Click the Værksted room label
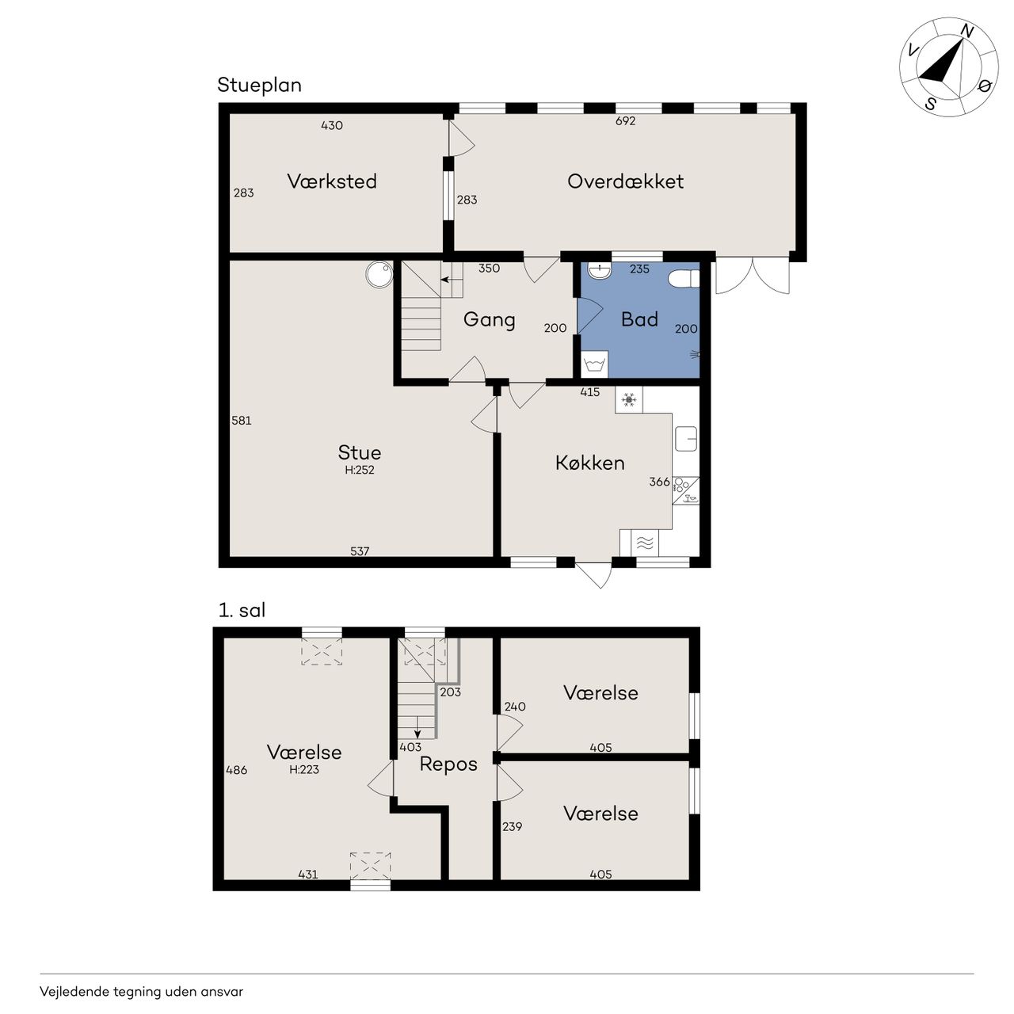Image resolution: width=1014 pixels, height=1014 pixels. click(331, 181)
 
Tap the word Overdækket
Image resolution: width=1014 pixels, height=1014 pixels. click(625, 181)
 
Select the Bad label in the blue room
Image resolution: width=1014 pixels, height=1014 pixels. click(639, 319)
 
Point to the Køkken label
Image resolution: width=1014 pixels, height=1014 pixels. click(590, 463)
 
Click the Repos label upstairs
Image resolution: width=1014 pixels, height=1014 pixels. click(448, 764)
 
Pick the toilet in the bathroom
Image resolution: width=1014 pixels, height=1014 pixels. click(684, 280)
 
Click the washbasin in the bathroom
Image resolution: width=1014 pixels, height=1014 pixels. click(599, 270)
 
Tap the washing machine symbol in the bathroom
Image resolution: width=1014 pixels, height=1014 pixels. click(595, 364)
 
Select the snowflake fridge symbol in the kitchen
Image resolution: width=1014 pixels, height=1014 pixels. click(629, 400)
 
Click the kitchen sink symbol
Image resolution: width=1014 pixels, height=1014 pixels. click(686, 439)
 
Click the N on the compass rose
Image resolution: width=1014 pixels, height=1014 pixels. click(967, 32)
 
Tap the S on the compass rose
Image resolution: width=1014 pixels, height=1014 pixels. click(930, 104)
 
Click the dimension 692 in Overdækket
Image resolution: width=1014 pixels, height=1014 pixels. click(625, 121)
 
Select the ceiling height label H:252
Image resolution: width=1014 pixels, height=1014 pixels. click(360, 470)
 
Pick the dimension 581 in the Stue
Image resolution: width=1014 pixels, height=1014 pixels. click(242, 421)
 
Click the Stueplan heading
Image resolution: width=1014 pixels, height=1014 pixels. click(259, 86)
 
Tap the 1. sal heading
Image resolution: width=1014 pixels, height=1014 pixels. click(242, 611)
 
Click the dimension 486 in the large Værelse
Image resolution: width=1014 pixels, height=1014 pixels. click(236, 770)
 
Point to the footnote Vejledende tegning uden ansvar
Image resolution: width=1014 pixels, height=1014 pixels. click(142, 991)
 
